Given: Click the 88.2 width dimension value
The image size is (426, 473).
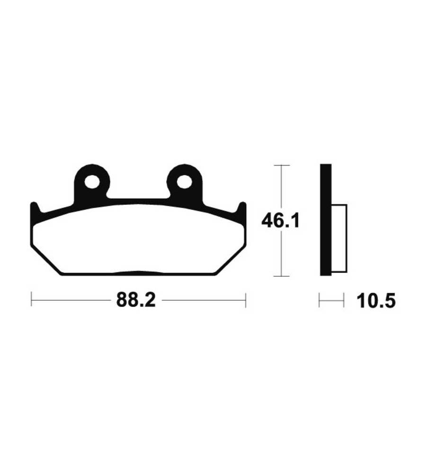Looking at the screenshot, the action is (x=136, y=300).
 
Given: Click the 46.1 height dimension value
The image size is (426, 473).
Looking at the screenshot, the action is (x=281, y=221).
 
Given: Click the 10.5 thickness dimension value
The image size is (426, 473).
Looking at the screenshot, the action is (x=376, y=301).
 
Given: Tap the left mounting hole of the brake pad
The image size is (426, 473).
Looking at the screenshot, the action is (x=92, y=182).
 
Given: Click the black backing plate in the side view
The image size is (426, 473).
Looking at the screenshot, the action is (x=326, y=220).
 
